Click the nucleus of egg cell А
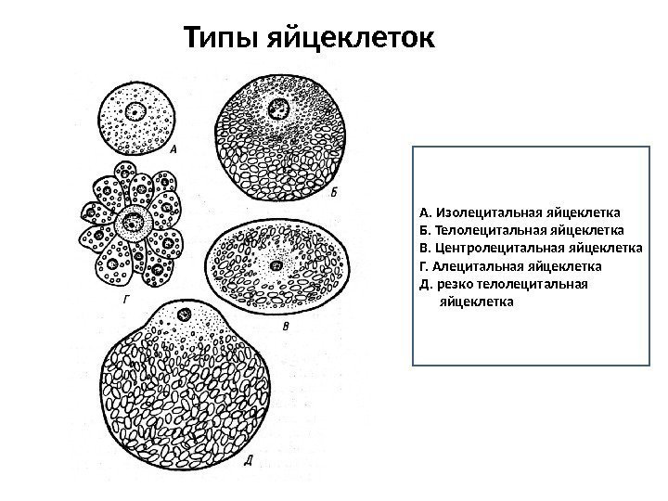point(136,113)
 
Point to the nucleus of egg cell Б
point(277,109)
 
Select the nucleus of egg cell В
point(276,265)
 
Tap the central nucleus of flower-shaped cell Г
point(135,222)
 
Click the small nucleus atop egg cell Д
point(184,315)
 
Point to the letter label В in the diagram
point(287,326)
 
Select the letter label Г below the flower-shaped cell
point(124,302)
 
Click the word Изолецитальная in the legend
point(479,210)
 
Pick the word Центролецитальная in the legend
point(490,248)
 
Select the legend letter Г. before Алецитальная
point(424,267)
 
